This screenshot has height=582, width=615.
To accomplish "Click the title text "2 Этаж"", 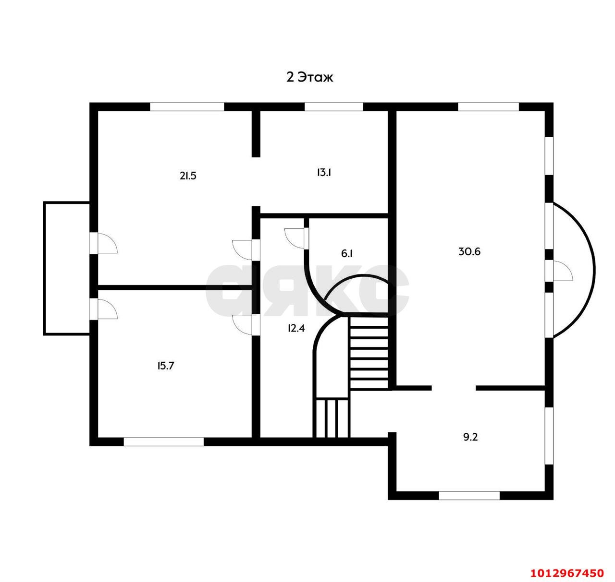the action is coord(309,77).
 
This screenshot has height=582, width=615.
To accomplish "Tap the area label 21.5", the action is coord(188,176).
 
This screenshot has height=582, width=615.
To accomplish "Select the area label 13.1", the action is coord(324,172).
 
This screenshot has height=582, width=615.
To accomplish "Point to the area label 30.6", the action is coord(469,251).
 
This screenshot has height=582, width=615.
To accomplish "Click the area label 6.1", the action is coord(347,253).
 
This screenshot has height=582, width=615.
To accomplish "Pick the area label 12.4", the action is coord(296,328).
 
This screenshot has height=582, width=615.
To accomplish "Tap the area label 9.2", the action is coord(470,437).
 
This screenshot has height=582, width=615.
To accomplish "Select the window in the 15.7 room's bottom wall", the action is coord(164,441).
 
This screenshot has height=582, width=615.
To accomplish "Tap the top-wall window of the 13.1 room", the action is coord(333,107).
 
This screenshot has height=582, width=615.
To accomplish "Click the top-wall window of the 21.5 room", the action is coord(187,107).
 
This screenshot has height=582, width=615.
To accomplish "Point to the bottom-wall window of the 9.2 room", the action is coord(469,496).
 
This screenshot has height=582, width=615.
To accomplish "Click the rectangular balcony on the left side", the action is coord(67,268).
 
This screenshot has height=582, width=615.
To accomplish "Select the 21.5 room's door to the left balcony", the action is coord(103,243).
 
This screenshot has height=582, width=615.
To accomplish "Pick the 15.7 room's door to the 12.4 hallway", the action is coord(246,325).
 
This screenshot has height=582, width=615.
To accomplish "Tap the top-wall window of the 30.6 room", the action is coord(488,107).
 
